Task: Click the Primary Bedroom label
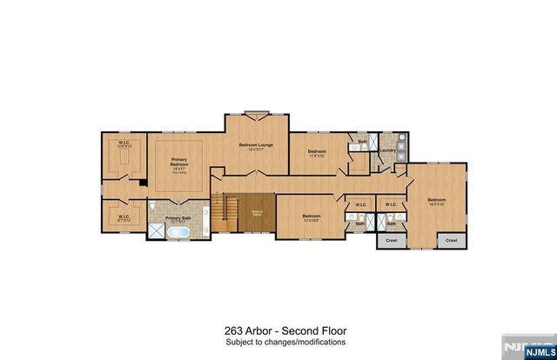(178, 163)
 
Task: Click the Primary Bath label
(178, 218)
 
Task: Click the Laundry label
(388, 150)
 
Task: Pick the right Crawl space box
(451, 240)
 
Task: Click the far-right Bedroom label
(435, 201)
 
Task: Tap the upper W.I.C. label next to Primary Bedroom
(123, 144)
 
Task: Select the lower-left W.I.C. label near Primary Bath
(123, 217)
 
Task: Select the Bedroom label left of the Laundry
(316, 152)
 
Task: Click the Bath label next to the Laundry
(362, 141)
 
